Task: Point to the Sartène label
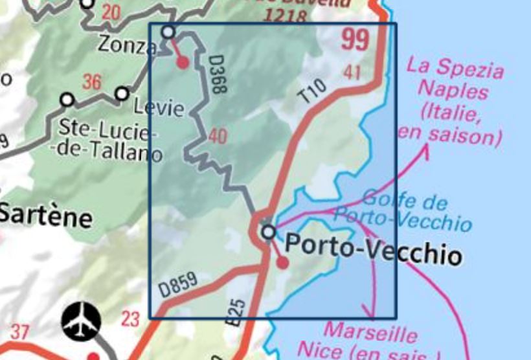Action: click(x=45, y=215)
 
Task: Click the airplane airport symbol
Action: click(x=82, y=321)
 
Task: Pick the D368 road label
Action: click(x=216, y=74)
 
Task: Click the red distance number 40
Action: click(x=218, y=137)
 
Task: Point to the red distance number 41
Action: click(x=353, y=73)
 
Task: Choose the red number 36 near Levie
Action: click(x=92, y=82)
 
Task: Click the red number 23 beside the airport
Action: click(x=130, y=319)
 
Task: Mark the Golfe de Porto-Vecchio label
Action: click(x=414, y=210)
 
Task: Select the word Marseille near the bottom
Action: click(x=370, y=334)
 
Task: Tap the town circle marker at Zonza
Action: click(x=168, y=31)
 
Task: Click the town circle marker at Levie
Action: click(x=122, y=94)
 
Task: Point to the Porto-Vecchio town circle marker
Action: click(x=268, y=231)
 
